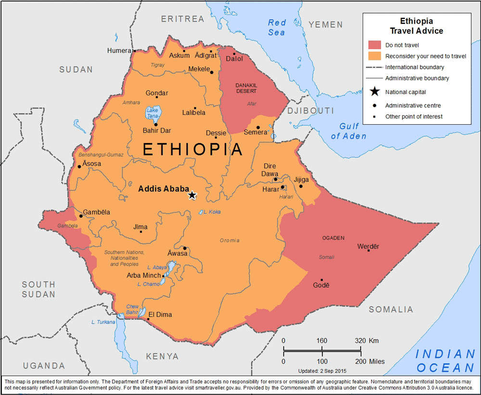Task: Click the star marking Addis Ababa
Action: (x=192, y=195)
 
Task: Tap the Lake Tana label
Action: (x=152, y=114)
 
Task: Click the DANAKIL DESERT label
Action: (x=246, y=88)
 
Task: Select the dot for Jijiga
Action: (x=301, y=186)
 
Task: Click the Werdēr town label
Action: (x=368, y=247)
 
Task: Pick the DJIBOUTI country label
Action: (x=310, y=111)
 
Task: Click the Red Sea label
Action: (x=277, y=27)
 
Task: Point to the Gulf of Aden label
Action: (x=349, y=131)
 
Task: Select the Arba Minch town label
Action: (x=143, y=276)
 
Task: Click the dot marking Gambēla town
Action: (x=81, y=216)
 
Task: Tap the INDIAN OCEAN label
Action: (x=445, y=361)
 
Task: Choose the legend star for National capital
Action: (x=374, y=92)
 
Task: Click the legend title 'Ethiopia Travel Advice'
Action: (x=417, y=26)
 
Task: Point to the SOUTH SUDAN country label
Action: (x=38, y=289)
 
